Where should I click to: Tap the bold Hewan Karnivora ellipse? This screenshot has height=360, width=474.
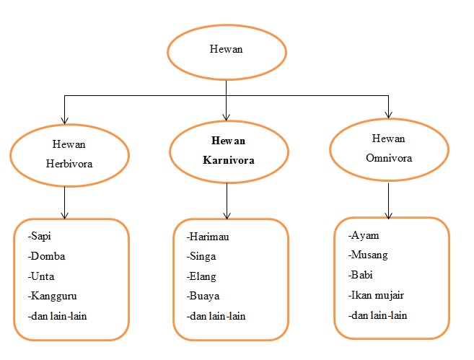(228, 149)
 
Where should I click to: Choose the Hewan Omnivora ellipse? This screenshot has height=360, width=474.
(389, 148)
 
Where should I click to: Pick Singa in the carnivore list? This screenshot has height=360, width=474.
(203, 257)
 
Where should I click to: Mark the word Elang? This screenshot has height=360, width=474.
(204, 276)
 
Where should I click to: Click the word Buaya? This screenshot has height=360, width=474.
(204, 296)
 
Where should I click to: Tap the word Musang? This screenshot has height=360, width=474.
(370, 255)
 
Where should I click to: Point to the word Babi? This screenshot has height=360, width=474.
(363, 274)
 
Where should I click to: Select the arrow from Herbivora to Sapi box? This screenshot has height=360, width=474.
(66, 201)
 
